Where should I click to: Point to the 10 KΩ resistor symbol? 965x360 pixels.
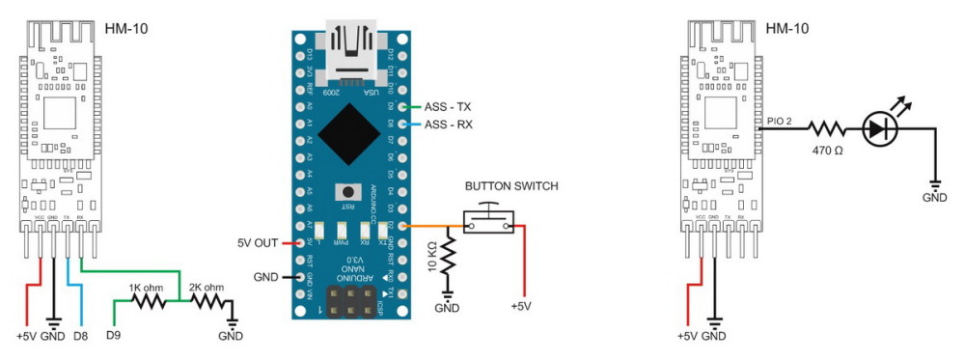(x=447, y=260)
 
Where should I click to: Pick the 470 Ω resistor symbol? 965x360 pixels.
(x=826, y=126)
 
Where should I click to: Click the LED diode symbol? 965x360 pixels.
(x=880, y=125)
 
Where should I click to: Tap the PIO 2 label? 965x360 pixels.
(x=781, y=119)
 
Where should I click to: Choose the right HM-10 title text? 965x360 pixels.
(x=786, y=28)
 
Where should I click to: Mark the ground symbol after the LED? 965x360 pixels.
(x=934, y=186)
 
